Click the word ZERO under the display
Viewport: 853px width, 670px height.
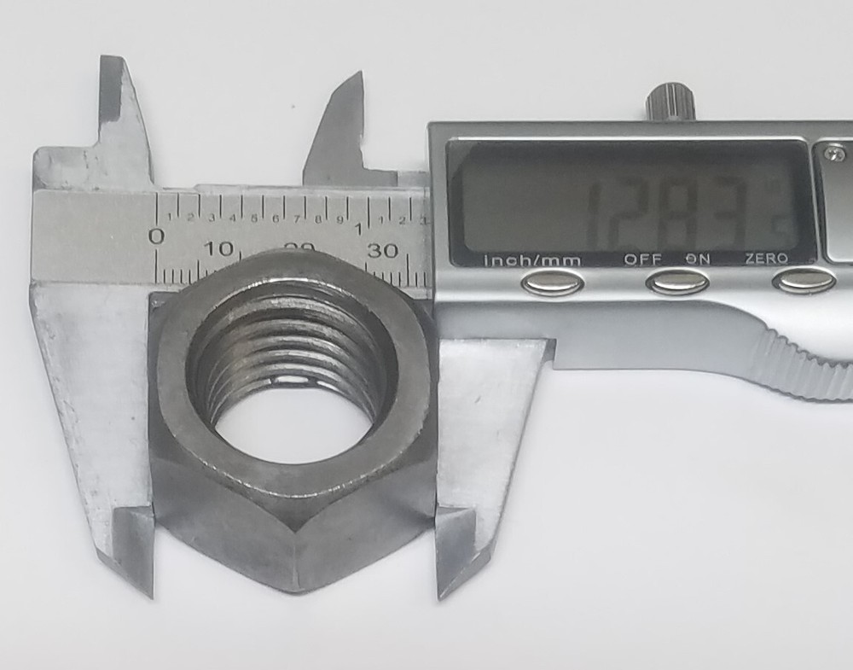click(x=766, y=259)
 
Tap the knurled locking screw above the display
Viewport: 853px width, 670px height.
click(x=670, y=102)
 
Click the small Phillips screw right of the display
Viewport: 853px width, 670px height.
click(x=835, y=154)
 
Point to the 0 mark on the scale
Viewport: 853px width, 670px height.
click(x=157, y=236)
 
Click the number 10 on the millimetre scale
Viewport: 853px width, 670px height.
click(x=219, y=249)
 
